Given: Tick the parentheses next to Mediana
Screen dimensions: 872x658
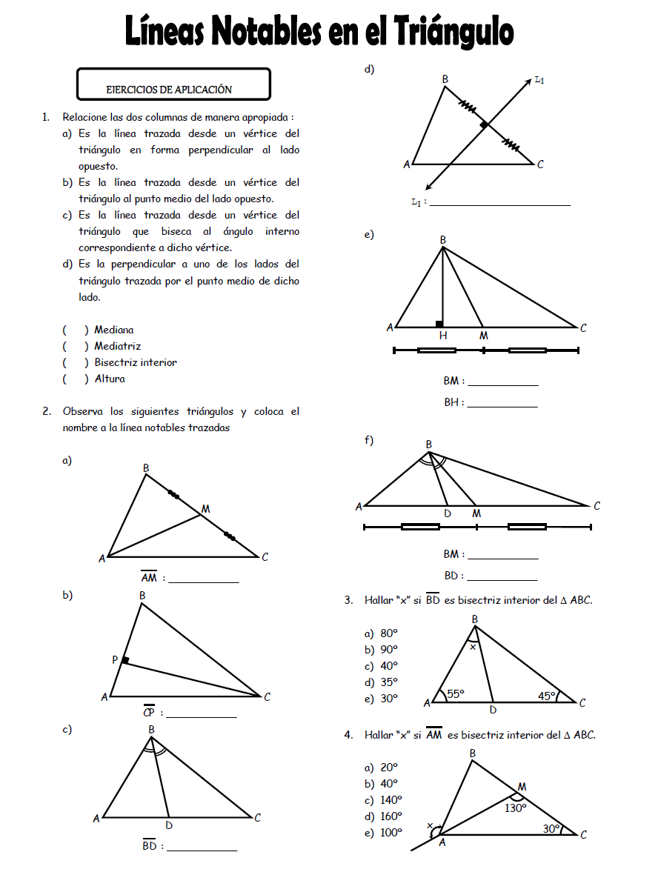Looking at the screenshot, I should [76, 330].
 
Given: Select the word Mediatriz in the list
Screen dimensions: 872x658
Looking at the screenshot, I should [117, 346].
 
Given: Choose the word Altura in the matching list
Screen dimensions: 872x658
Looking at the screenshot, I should [110, 379].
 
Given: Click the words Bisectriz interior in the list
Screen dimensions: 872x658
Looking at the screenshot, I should [136, 362].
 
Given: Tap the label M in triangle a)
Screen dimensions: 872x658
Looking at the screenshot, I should [205, 509].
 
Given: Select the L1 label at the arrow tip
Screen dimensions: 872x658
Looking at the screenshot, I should [539, 80].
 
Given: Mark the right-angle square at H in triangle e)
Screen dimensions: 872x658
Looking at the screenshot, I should [439, 324].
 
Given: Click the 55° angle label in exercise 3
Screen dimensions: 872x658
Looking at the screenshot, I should [456, 694].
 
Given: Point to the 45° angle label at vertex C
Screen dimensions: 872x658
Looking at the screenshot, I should [548, 696].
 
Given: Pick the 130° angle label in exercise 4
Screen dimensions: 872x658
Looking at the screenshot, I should [516, 808].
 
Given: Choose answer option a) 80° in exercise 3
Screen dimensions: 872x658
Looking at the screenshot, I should [381, 633].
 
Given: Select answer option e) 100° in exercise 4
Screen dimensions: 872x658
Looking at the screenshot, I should [382, 832].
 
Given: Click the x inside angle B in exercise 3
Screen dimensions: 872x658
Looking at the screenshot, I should [473, 646].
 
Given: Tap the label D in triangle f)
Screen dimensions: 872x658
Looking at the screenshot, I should [448, 513].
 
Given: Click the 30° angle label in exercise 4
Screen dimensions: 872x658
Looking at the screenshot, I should [551, 829].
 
